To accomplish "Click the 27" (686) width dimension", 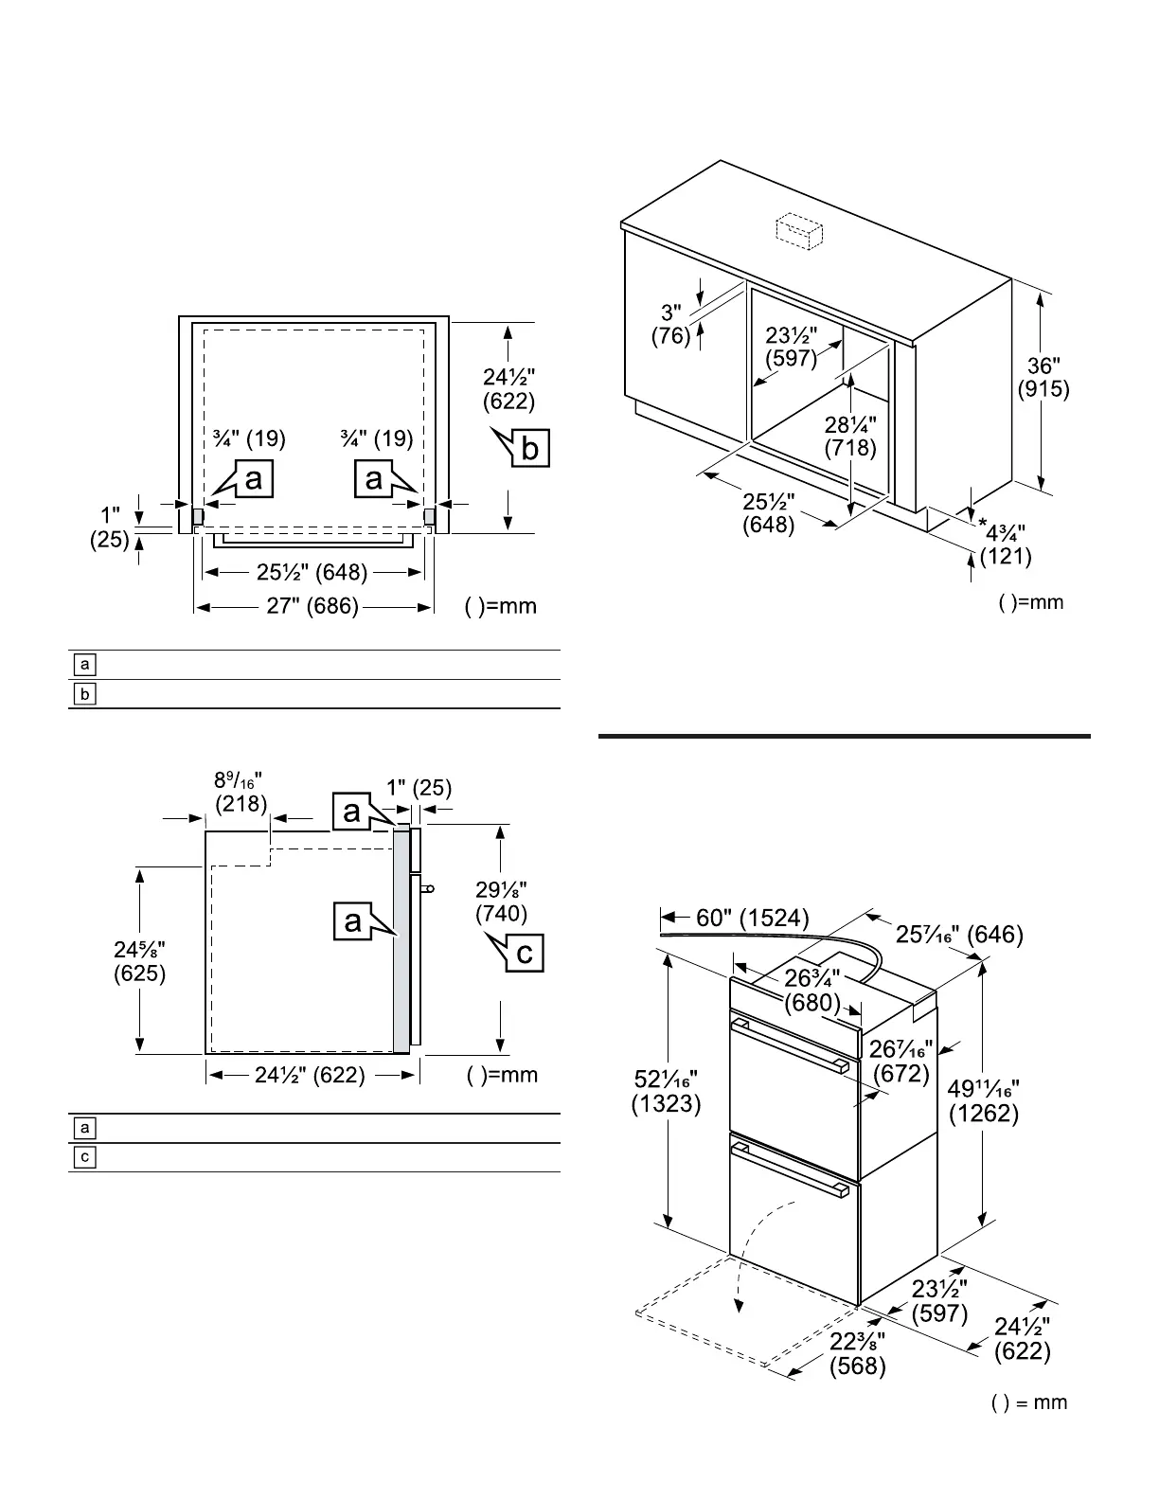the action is [312, 606].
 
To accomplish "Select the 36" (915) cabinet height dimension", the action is [1043, 377].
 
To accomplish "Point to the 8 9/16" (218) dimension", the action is [241, 792].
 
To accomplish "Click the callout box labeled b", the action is [528, 447].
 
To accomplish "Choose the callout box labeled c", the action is [525, 952].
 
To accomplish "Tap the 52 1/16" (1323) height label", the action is [666, 1091].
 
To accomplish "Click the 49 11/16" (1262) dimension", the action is [983, 1100].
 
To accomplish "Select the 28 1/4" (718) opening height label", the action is [850, 436].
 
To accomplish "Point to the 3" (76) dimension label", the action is [670, 324].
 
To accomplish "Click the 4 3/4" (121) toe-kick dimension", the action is [1005, 545].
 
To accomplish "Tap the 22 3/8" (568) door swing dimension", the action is [858, 1353].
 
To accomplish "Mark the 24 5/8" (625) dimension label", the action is [139, 960].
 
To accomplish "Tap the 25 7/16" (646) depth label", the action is [958, 935].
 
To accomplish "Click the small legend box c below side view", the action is [85, 1157].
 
